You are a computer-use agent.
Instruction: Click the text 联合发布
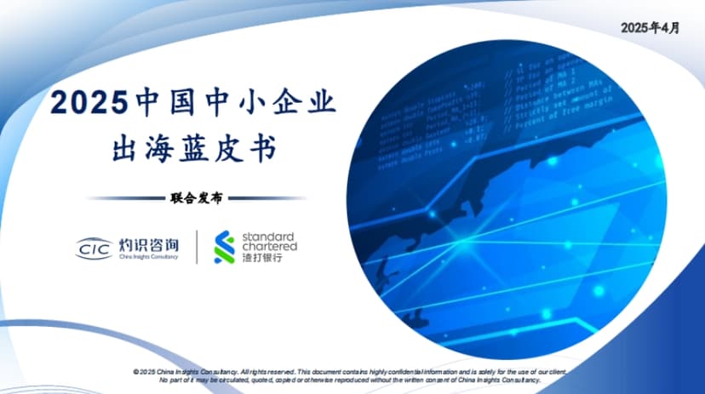(195, 197)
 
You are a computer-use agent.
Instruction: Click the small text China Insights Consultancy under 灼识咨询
(147, 256)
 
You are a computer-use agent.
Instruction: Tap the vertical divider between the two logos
(197, 246)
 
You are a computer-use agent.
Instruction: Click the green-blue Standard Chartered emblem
(225, 246)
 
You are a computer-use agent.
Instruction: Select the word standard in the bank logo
(268, 236)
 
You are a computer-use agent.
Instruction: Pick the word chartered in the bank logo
(270, 246)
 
